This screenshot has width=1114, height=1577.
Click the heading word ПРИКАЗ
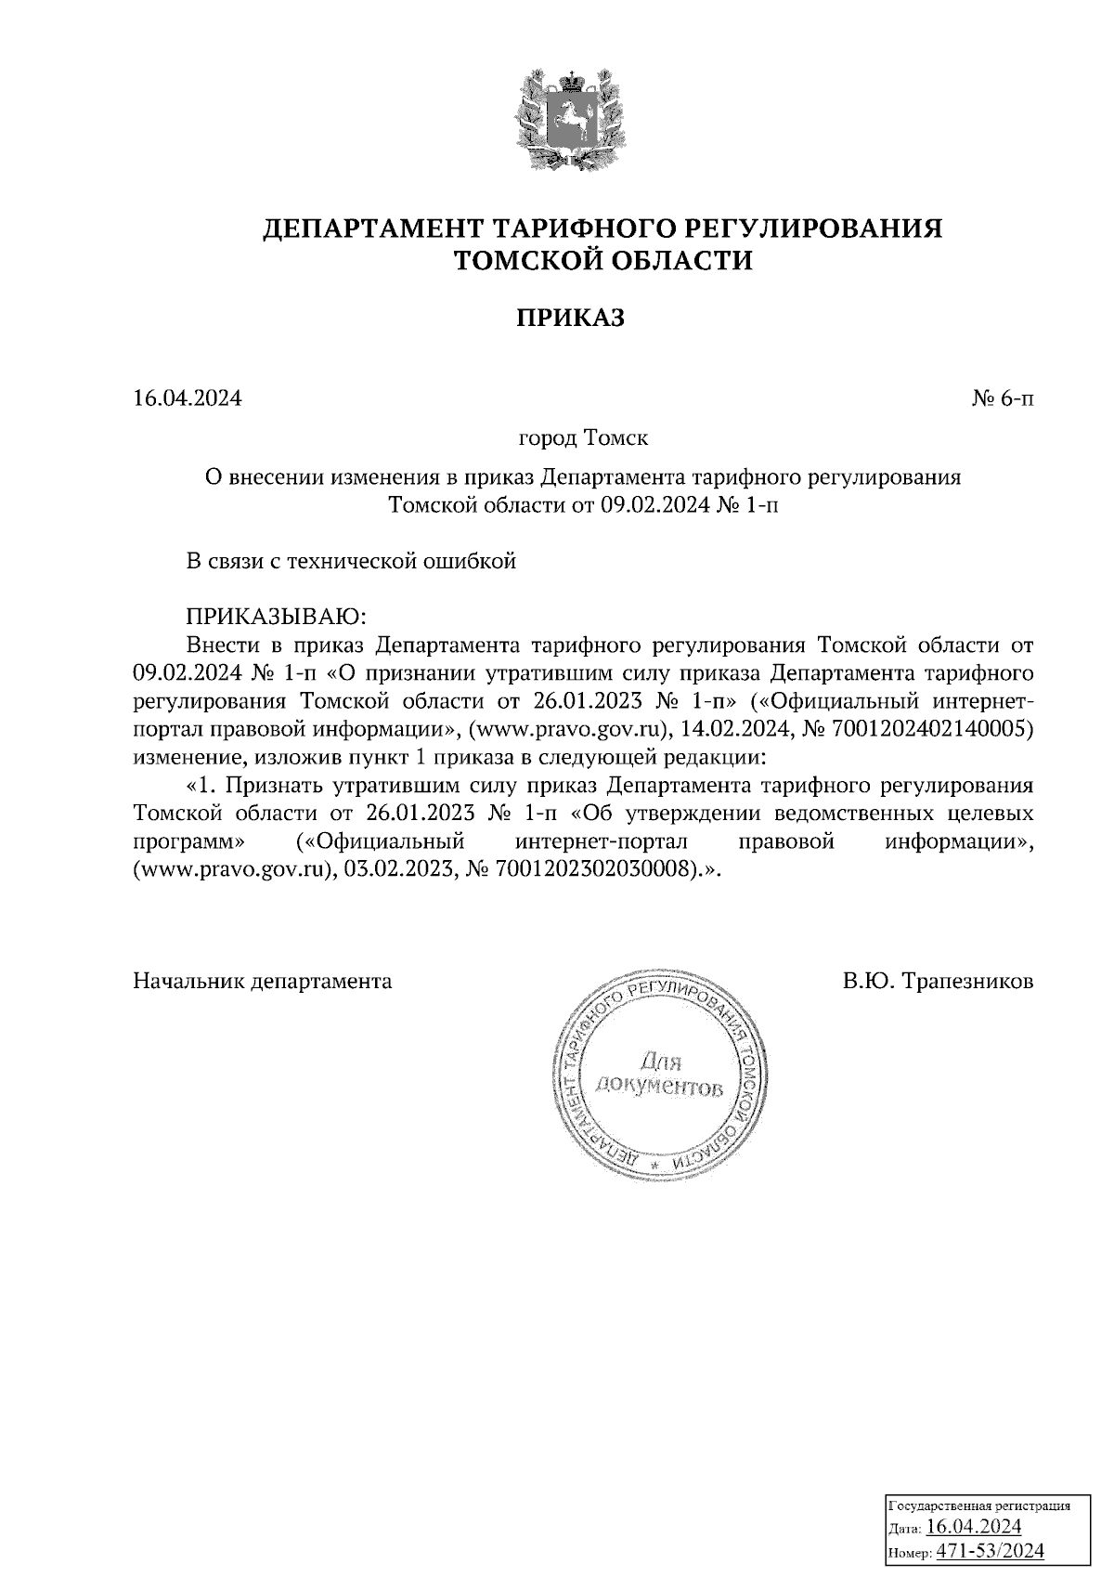click(571, 319)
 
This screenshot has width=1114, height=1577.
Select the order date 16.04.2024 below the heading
click(188, 399)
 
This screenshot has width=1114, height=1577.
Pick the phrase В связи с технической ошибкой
click(351, 561)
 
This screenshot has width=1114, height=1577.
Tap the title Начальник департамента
click(263, 981)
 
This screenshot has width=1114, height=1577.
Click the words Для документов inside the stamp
click(660, 1072)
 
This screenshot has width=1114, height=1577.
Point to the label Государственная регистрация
click(979, 1505)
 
